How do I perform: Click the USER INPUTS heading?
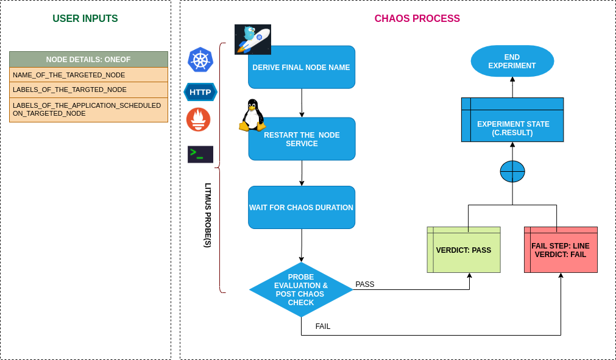[x=85, y=19]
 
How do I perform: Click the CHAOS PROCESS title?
[x=417, y=19]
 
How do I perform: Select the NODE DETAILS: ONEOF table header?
[x=88, y=59]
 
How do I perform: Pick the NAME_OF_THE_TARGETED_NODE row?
[x=88, y=75]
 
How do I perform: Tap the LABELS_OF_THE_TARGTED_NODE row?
[x=88, y=90]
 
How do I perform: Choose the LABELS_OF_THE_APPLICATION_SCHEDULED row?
[x=88, y=109]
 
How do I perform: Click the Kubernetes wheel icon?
[x=200, y=60]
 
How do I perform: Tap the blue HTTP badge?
[x=200, y=93]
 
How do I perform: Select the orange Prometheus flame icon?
[x=199, y=119]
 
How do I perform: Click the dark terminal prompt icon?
[x=200, y=154]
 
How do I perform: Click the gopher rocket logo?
[x=252, y=39]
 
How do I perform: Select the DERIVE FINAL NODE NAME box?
[x=302, y=68]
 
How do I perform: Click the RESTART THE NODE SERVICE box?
[x=302, y=139]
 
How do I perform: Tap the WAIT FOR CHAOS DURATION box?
[x=302, y=208]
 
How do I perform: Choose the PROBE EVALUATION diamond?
[x=301, y=290]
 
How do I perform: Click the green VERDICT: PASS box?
[x=464, y=250]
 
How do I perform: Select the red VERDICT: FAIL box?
[x=561, y=250]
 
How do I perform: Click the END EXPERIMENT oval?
[x=512, y=62]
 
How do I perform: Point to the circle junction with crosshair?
[x=512, y=172]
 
